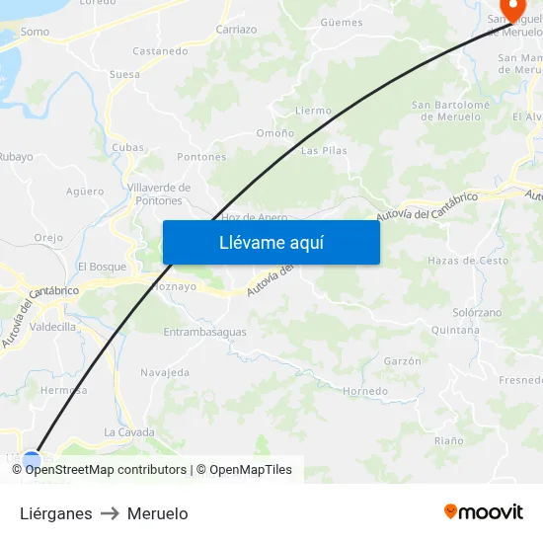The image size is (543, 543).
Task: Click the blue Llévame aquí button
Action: click(271, 242)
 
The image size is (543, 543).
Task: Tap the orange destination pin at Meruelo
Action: click(512, 8)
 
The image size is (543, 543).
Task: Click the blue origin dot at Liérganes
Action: click(32, 460)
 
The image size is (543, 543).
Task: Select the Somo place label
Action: click(35, 32)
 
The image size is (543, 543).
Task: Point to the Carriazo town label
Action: click(236, 30)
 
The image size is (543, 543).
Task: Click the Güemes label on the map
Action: click(342, 22)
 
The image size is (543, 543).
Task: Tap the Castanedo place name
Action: click(160, 51)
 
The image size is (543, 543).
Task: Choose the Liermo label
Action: click(313, 111)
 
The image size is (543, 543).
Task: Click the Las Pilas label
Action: click(324, 151)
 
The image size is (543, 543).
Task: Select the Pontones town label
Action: click(201, 157)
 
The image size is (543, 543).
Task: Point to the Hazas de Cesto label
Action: click(468, 261)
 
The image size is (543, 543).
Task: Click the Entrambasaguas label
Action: click(204, 332)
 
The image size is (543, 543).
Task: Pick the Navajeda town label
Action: click(165, 372)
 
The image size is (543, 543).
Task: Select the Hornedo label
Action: click(365, 391)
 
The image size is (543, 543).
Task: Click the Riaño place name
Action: click(448, 440)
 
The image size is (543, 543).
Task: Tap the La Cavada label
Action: click(129, 432)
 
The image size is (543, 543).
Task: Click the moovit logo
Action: click(484, 511)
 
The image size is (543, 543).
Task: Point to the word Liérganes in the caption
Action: click(56, 513)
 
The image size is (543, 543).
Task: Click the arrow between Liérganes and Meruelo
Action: click(110, 513)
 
